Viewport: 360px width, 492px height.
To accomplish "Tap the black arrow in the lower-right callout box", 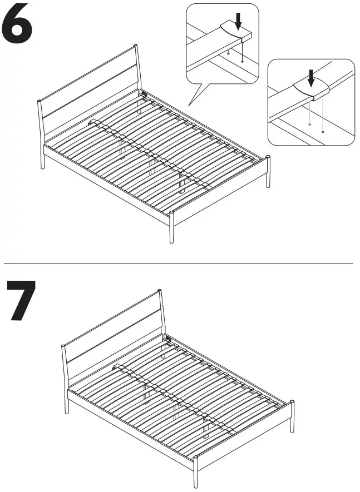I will coord(311,77).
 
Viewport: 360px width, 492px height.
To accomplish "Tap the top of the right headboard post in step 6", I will coord(135,47).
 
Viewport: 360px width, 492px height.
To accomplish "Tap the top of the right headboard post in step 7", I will coord(160,291).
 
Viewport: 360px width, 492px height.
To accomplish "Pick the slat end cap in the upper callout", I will coord(231,32).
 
